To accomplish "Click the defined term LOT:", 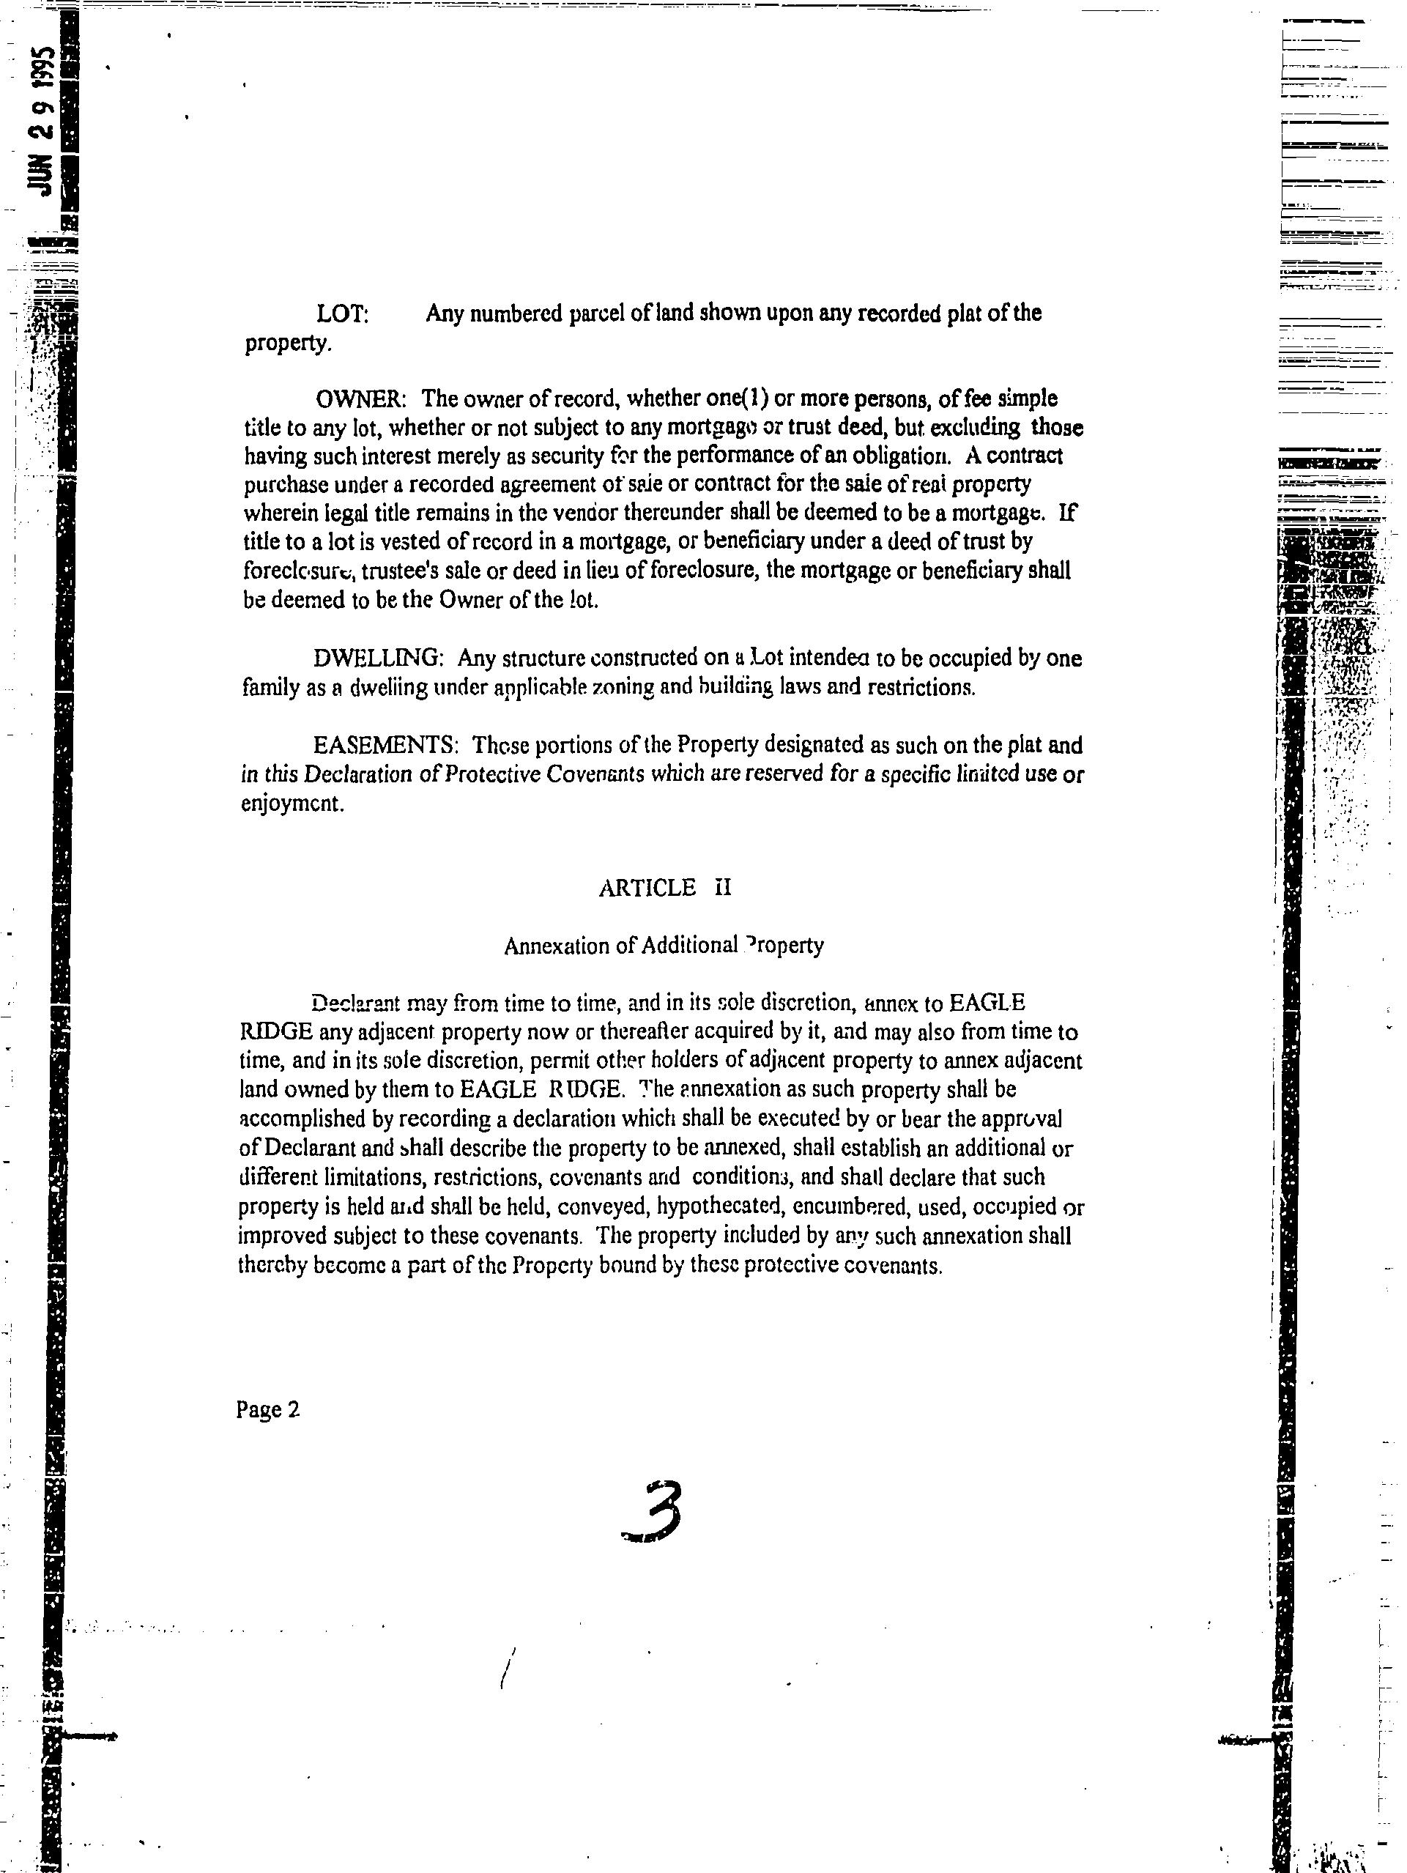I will (342, 314).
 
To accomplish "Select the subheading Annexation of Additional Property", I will (664, 945).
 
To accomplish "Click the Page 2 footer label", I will (267, 1410).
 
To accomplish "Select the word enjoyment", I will (292, 803).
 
